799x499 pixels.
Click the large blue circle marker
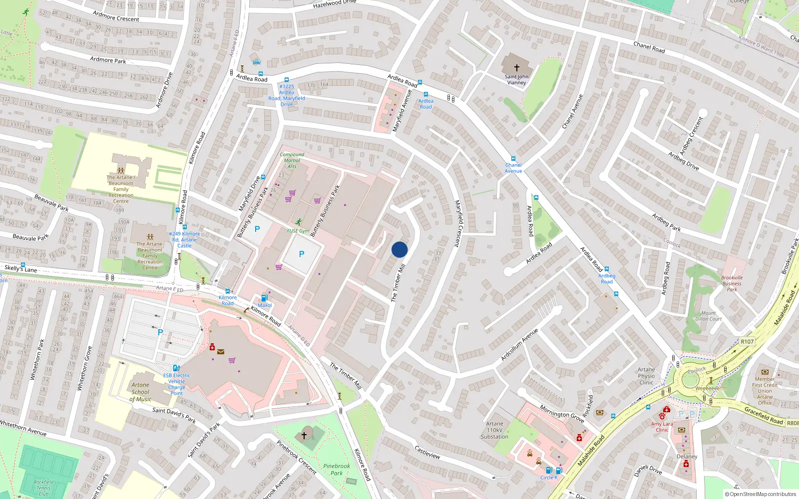click(399, 249)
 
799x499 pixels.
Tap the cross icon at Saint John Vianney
click(517, 67)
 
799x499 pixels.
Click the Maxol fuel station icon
click(264, 298)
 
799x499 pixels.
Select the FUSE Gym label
click(298, 231)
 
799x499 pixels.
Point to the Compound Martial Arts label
click(292, 160)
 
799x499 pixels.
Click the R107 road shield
click(747, 342)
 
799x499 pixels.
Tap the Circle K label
click(549, 478)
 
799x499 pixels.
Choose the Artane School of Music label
click(140, 392)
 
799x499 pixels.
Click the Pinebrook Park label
click(337, 469)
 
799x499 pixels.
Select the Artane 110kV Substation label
click(494, 430)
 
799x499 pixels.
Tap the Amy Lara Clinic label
click(662, 427)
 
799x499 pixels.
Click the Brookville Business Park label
click(732, 283)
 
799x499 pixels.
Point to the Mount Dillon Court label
click(709, 316)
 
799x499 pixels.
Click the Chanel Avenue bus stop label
click(513, 168)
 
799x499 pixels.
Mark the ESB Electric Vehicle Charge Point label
click(176, 384)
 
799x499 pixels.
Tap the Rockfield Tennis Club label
click(43, 488)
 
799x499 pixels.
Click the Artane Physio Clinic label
click(646, 376)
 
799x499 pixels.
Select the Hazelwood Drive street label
click(334, 4)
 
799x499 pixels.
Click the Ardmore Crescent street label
click(116, 17)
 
